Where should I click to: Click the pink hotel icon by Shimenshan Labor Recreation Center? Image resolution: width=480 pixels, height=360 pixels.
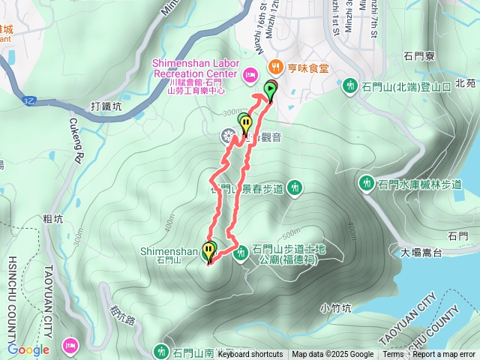pyautogui.click(x=250, y=73)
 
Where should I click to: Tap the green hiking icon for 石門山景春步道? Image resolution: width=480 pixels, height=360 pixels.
pyautogui.click(x=295, y=187)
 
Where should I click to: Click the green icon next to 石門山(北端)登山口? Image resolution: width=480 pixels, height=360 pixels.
pyautogui.click(x=349, y=86)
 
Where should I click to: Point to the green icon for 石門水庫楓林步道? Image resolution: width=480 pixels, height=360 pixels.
pyautogui.click(x=367, y=182)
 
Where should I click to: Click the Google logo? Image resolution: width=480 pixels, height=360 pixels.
pyautogui.click(x=28, y=349)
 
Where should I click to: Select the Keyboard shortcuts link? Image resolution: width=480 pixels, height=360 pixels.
pyautogui.click(x=250, y=355)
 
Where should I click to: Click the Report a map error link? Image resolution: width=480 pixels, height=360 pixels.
pyautogui.click(x=445, y=355)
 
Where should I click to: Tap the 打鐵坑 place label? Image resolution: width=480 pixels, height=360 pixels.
pyautogui.click(x=106, y=106)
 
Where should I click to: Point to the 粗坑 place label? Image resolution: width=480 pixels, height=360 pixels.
pyautogui.click(x=52, y=220)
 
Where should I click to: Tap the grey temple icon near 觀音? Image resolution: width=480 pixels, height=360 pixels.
pyautogui.click(x=228, y=136)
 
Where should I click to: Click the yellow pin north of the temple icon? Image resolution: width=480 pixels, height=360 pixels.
pyautogui.click(x=244, y=121)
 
